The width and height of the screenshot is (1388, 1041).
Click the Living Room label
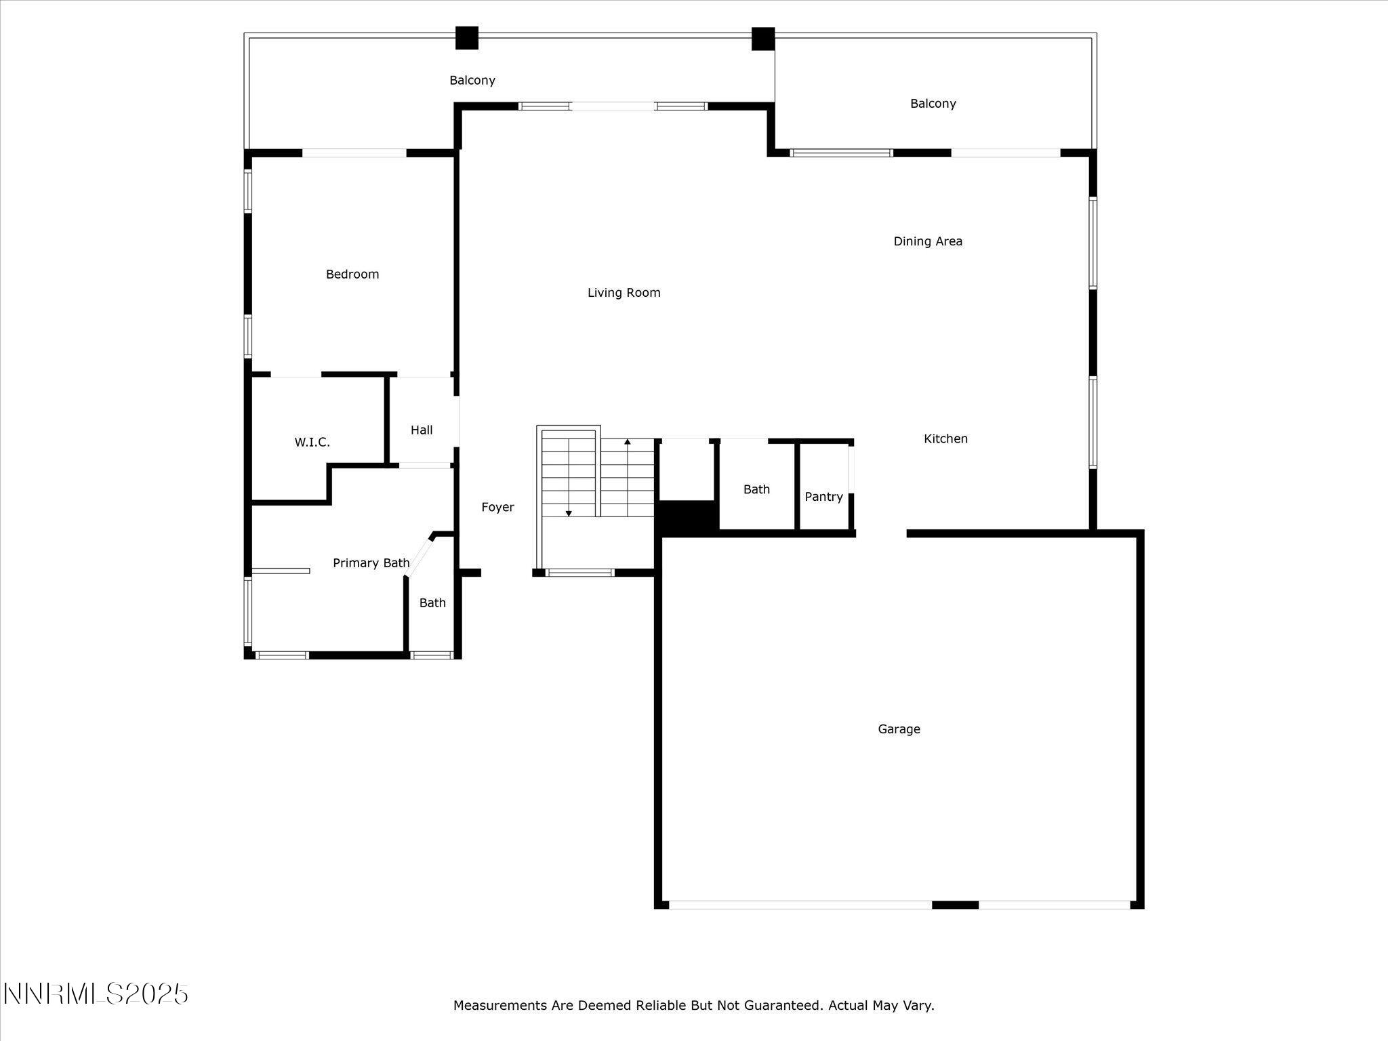[624, 293]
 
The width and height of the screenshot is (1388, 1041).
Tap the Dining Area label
[927, 241]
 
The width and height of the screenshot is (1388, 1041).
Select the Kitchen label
[945, 438]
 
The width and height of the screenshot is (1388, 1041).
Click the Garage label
[899, 729]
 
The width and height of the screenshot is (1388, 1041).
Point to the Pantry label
[823, 497]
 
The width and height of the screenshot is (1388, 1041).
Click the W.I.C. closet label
[312, 443]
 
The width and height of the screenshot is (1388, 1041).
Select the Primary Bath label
[371, 563]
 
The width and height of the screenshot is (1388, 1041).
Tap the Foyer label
[497, 507]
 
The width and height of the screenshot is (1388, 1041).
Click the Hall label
[421, 430]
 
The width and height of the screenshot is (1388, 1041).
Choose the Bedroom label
[352, 274]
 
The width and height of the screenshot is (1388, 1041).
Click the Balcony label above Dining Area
[933, 104]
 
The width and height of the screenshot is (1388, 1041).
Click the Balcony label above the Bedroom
[472, 81]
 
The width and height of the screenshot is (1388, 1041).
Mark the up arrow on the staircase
[628, 442]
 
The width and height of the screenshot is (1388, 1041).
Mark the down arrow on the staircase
[569, 513]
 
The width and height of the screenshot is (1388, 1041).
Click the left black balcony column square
[466, 38]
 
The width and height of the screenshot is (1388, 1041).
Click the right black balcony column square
[762, 39]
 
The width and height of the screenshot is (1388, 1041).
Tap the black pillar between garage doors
[955, 905]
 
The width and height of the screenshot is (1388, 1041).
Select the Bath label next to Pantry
[756, 489]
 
